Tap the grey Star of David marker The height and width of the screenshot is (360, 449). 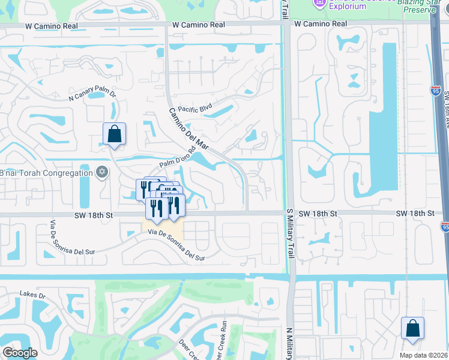[101, 173]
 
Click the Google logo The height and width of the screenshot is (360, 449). [20, 353]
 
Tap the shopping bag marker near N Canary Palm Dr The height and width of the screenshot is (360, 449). [114, 134]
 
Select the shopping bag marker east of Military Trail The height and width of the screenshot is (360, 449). [412, 328]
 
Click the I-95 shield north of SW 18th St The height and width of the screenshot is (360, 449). [436, 91]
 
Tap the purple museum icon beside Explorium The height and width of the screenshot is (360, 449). [319, 3]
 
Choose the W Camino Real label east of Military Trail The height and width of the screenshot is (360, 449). [321, 24]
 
